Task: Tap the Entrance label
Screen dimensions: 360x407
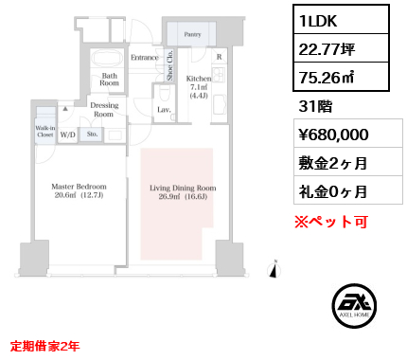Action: (x=144, y=58)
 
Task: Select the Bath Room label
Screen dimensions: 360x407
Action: (x=109, y=78)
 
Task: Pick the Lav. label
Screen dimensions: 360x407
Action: (x=164, y=110)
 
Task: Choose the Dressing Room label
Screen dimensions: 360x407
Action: (x=104, y=110)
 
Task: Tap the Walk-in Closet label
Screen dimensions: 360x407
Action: (x=44, y=131)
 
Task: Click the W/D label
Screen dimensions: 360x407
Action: (x=68, y=135)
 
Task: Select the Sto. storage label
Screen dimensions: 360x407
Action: (x=91, y=135)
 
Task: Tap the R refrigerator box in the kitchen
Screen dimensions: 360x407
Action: (x=220, y=57)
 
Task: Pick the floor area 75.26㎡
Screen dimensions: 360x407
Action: (x=326, y=78)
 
